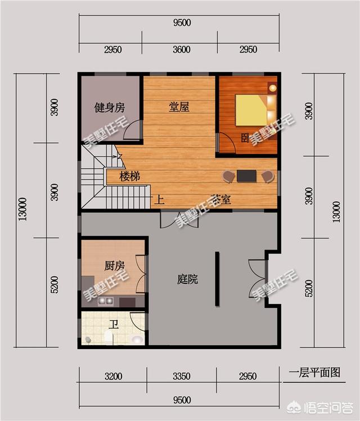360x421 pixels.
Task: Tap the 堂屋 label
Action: click(179, 107)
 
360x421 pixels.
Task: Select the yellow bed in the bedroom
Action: click(250, 110)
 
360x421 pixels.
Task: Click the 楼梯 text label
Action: click(129, 176)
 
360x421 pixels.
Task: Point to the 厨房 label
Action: click(114, 265)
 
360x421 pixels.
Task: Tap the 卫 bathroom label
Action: click(113, 324)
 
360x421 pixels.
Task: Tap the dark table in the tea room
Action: click(246, 176)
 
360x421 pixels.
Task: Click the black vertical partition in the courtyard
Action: click(217, 279)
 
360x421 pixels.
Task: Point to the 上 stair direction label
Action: click(159, 199)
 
